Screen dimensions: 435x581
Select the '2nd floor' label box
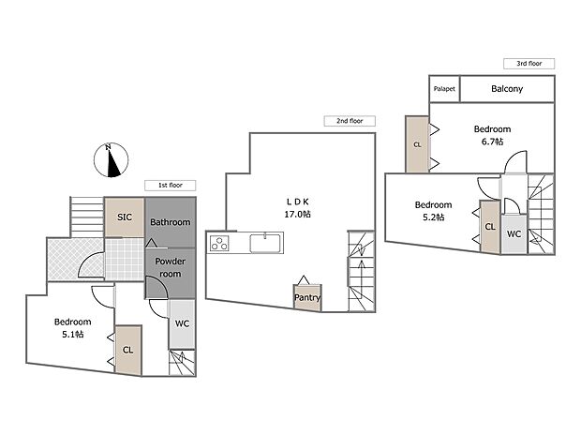pos(349,121)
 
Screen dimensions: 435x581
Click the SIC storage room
pos(124,217)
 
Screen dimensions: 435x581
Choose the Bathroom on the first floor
pos(171,222)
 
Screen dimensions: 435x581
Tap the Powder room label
pos(171,267)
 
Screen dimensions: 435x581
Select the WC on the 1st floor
pos(182,324)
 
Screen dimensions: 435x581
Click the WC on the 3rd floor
pos(514,233)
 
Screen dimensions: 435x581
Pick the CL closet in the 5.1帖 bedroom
pos(127,349)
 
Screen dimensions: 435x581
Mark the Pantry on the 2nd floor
pos(306,298)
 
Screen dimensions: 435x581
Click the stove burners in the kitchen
pos(221,244)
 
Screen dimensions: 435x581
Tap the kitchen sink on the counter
pos(264,244)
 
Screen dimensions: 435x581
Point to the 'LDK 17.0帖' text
pos(297,207)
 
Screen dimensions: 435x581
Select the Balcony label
pos(507,89)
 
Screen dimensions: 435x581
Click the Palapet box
pos(443,89)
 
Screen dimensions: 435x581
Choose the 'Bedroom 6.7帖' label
pos(491,135)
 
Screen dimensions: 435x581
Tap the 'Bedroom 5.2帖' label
pos(433,211)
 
